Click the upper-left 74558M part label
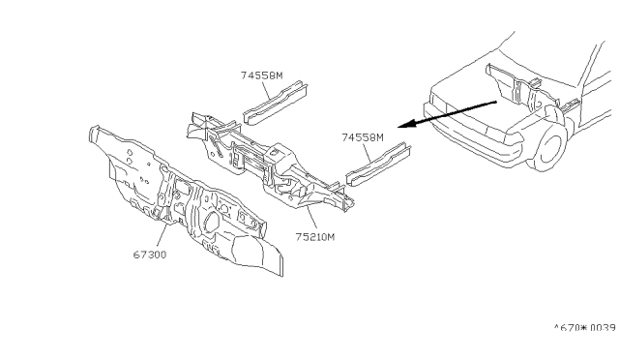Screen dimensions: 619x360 point(262,75)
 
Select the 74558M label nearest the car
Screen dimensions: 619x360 point(363,137)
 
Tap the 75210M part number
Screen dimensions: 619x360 point(315,237)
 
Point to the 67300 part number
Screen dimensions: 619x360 point(150,255)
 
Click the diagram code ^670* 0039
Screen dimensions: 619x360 point(585,328)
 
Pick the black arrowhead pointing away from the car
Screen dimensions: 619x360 point(407,123)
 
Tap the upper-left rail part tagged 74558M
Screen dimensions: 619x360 point(276,103)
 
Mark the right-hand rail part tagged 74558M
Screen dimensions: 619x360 point(378,164)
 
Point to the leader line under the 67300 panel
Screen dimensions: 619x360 point(162,236)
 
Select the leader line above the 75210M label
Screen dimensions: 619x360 point(311,219)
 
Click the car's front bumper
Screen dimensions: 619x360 point(474,136)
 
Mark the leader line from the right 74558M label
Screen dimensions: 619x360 point(367,152)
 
